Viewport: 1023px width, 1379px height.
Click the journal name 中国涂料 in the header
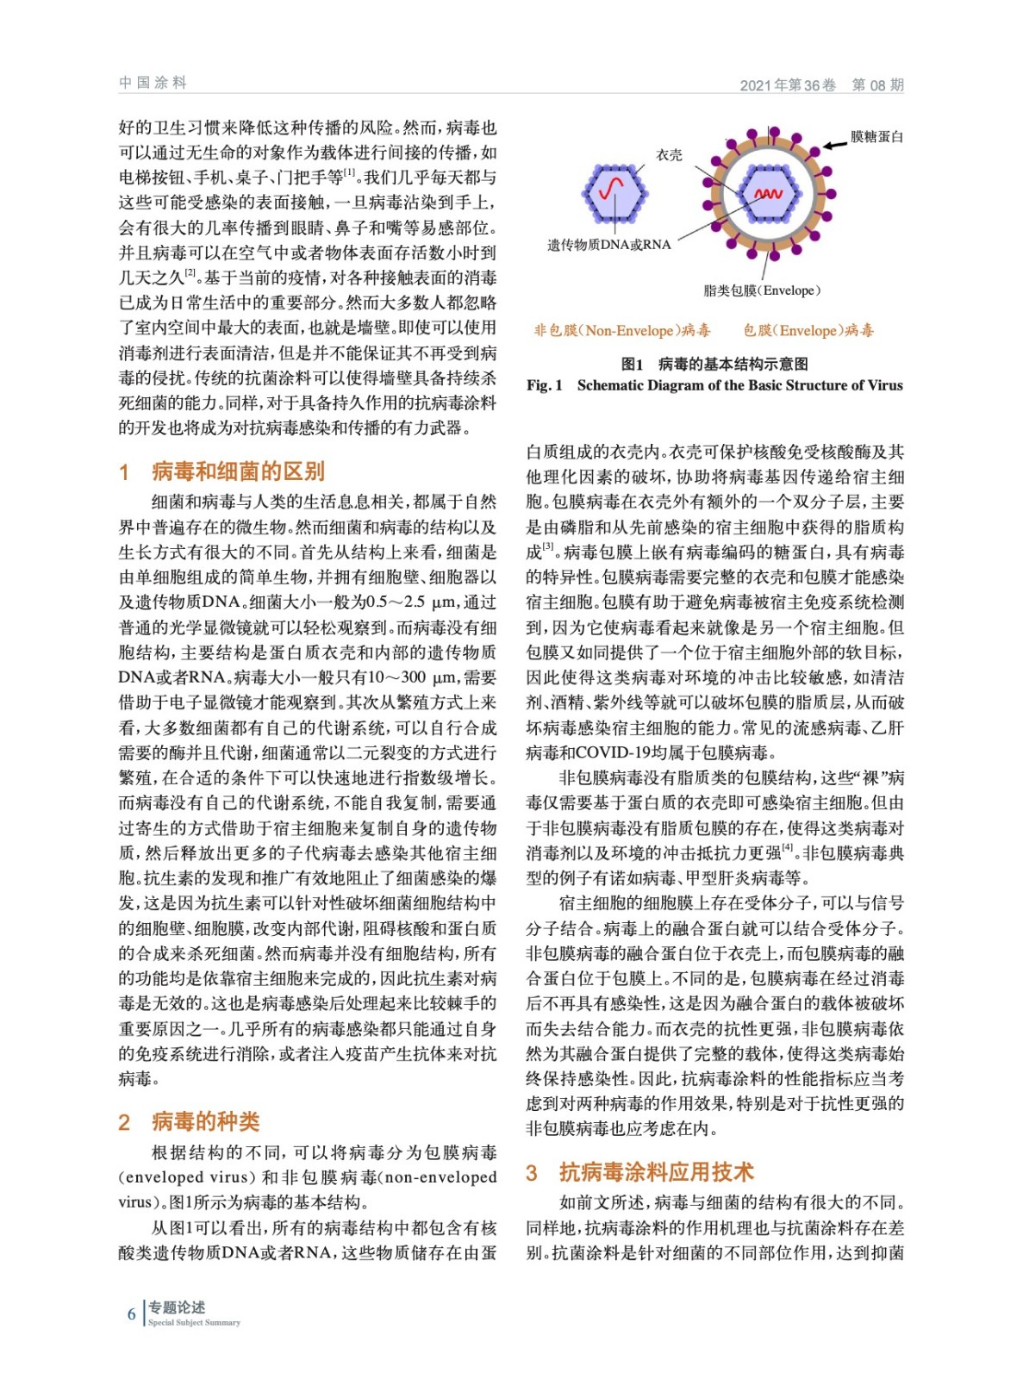(x=153, y=83)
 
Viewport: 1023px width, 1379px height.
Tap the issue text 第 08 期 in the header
(x=877, y=84)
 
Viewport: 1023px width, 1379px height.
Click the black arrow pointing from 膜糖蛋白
(x=833, y=144)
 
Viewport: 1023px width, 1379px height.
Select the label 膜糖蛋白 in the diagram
(x=876, y=136)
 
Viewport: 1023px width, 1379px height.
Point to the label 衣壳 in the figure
(x=669, y=155)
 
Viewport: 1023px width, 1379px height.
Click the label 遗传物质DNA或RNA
(x=608, y=245)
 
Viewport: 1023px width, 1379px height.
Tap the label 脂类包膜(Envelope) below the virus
(x=762, y=290)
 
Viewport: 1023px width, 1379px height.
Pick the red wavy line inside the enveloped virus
(x=767, y=194)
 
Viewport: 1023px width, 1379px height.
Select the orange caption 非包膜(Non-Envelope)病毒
(x=621, y=330)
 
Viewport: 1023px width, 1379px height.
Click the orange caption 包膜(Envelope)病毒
(x=808, y=330)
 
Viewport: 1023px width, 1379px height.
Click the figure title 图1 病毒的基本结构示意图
(x=714, y=364)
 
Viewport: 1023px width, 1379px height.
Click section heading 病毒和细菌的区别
(x=238, y=471)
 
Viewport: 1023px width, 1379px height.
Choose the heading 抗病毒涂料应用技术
(x=656, y=1172)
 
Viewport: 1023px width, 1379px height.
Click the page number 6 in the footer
(x=132, y=1313)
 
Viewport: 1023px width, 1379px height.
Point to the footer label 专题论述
(x=177, y=1307)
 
